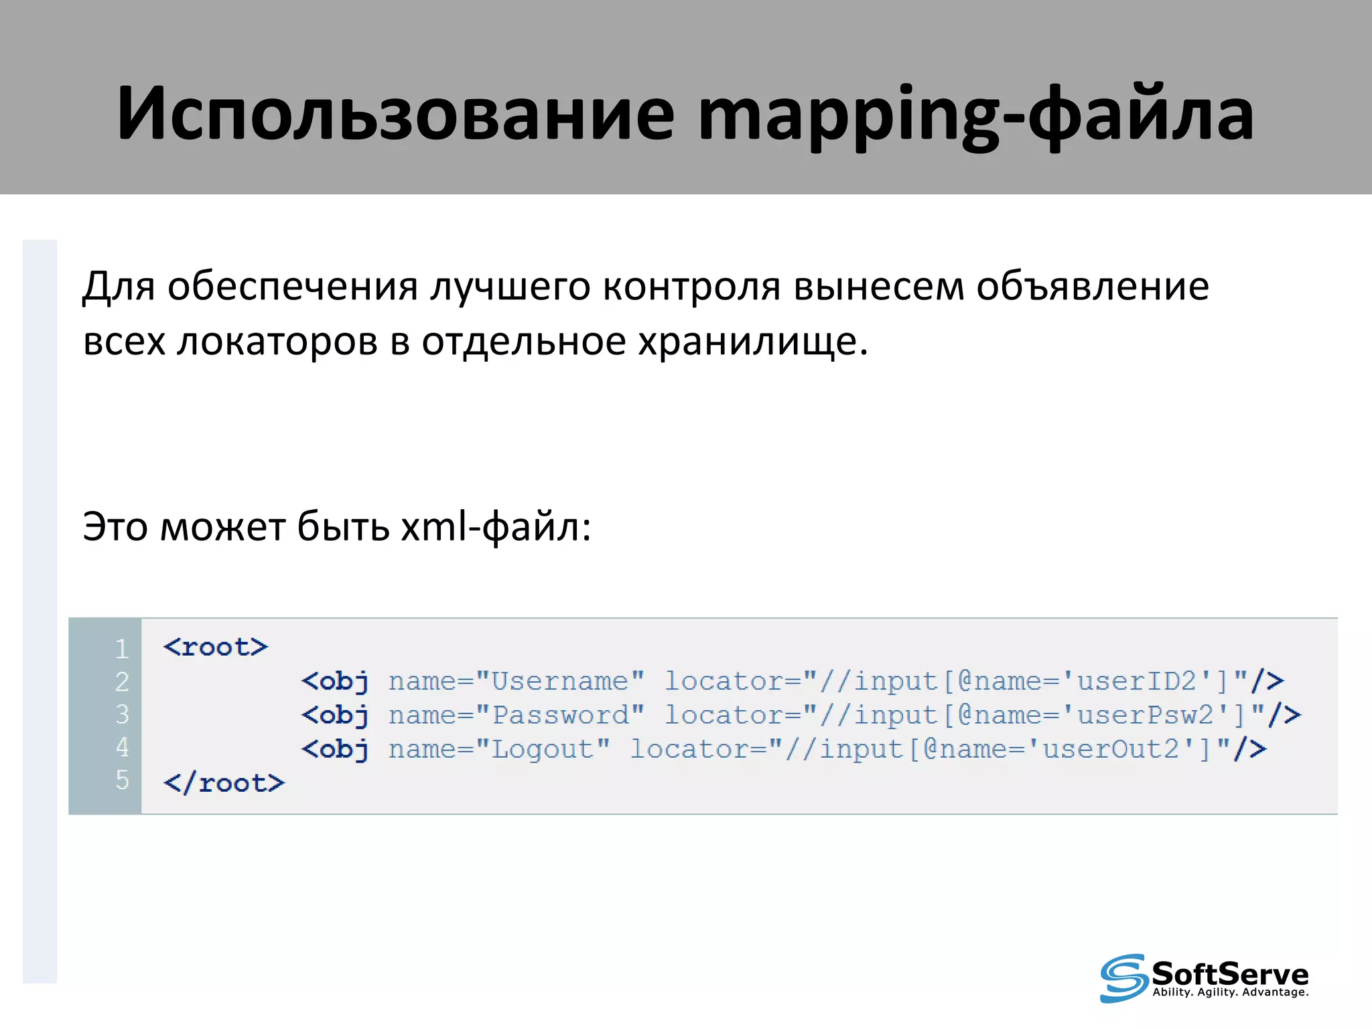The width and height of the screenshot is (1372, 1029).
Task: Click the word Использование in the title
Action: click(395, 114)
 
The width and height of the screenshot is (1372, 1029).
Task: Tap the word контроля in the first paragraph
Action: click(691, 287)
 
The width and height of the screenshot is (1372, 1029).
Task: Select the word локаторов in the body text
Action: click(277, 342)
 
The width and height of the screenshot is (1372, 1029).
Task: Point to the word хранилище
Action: click(752, 342)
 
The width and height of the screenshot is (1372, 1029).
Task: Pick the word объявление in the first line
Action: click(1092, 287)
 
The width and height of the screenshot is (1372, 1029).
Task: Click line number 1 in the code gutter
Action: click(121, 648)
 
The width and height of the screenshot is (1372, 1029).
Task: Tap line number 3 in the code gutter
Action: click(121, 714)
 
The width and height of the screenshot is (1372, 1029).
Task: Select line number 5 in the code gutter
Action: click(121, 780)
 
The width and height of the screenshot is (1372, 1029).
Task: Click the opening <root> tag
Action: click(215, 647)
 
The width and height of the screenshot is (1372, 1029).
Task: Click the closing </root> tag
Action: click(224, 783)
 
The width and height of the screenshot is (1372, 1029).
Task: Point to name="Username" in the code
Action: click(516, 681)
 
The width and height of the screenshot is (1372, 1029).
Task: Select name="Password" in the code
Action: click(516, 715)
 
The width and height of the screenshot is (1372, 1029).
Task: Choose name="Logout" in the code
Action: click(499, 749)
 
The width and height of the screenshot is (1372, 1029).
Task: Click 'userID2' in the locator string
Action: click(1136, 681)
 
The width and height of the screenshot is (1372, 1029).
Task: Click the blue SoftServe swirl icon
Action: click(1123, 978)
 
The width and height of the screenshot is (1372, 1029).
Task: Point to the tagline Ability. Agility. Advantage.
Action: click(1230, 992)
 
